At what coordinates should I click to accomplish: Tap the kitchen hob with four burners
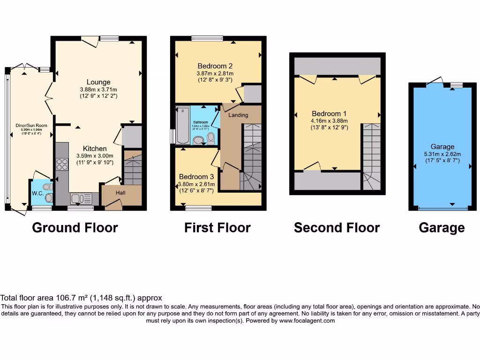tap(62, 164)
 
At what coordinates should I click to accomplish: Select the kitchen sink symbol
tap(78, 199)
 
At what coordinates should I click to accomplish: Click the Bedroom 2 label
tap(215, 66)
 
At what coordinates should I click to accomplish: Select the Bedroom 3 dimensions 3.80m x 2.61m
tap(196, 184)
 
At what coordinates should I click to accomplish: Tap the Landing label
tap(238, 115)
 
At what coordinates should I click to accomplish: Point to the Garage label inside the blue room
tap(442, 147)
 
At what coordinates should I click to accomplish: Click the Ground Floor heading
tap(75, 228)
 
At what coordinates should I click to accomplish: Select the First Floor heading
tap(217, 228)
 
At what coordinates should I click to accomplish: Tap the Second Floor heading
tap(337, 228)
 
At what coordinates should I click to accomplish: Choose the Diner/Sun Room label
tap(28, 125)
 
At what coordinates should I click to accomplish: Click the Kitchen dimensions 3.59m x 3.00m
tap(95, 156)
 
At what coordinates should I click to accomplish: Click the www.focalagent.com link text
tap(307, 321)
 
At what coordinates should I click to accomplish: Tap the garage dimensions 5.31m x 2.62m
tap(442, 154)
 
